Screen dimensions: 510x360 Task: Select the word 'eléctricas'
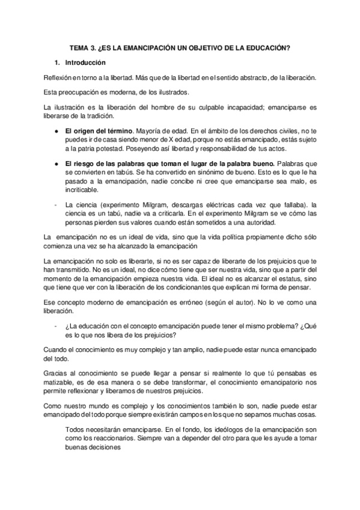click(x=215, y=207)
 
